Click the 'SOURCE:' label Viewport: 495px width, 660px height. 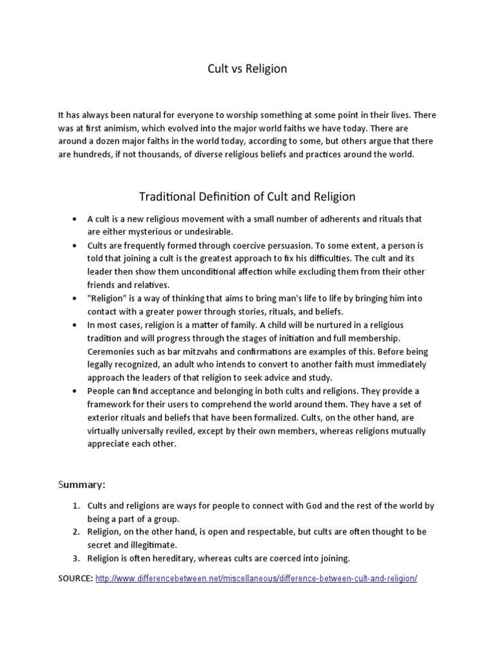click(x=75, y=578)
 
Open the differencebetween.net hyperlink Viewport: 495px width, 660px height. click(x=256, y=578)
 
